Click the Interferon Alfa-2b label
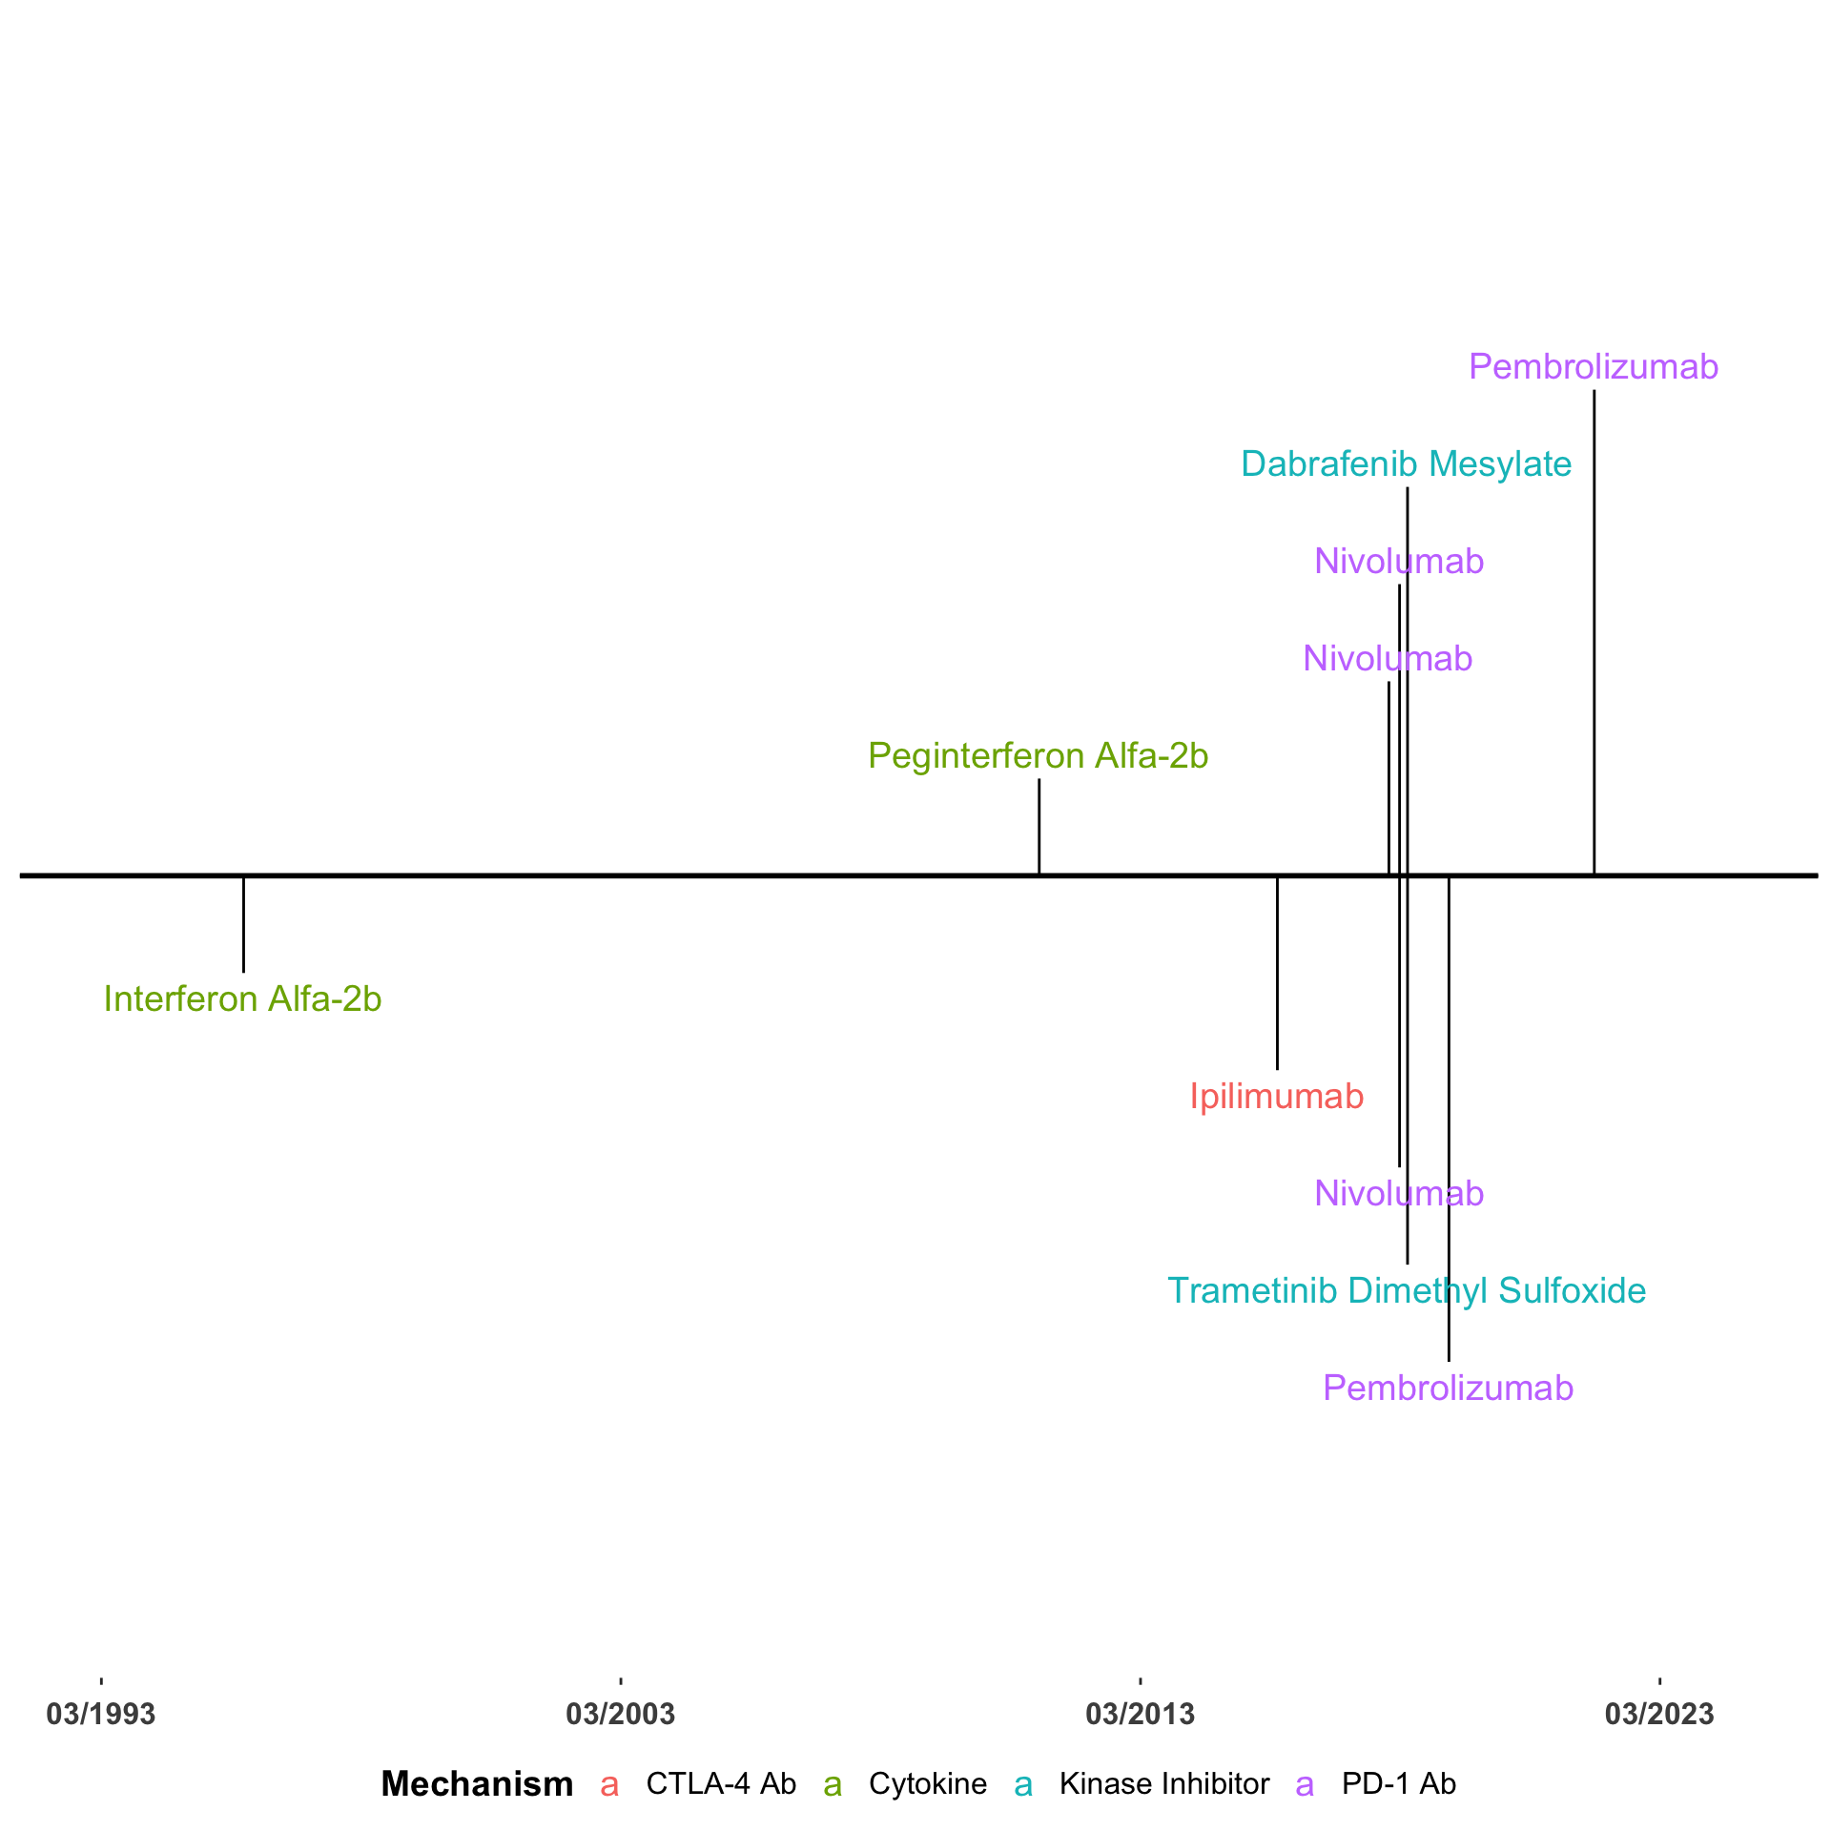coord(242,999)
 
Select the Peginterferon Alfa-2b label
coord(1038,756)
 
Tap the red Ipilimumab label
coord(1276,1097)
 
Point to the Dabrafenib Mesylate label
coord(1406,464)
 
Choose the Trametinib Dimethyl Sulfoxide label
coord(1407,1291)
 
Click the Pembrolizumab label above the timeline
coord(1593,367)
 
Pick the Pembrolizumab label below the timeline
coord(1448,1389)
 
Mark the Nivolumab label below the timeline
coord(1399,1194)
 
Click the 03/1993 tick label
coord(101,1715)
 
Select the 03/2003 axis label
coord(620,1715)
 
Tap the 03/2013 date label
coord(1140,1715)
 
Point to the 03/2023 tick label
coord(1659,1715)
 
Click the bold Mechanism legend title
coord(477,1784)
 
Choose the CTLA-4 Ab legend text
coord(721,1784)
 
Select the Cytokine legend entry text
coord(928,1784)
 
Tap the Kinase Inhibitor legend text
coord(1164,1784)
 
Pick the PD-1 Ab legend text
coord(1399,1784)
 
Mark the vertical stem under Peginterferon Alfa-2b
coord(1039,826)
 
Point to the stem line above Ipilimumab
coord(1277,973)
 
